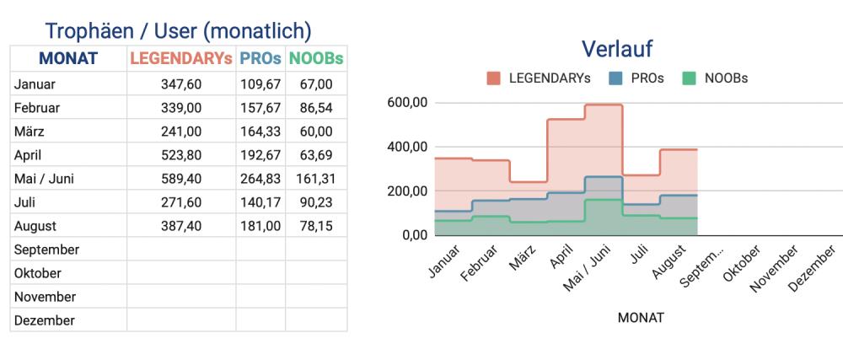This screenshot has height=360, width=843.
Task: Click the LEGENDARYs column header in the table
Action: (x=180, y=59)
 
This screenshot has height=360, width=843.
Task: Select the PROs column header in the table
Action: (x=260, y=59)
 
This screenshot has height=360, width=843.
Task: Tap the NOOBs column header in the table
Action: (x=316, y=59)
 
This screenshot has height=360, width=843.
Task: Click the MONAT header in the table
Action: (x=68, y=59)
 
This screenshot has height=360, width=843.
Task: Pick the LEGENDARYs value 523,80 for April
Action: (x=181, y=155)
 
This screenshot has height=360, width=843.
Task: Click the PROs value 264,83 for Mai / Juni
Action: (x=261, y=179)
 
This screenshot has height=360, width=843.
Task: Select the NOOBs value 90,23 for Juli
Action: (x=315, y=202)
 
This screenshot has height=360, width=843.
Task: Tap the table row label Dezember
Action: (x=44, y=320)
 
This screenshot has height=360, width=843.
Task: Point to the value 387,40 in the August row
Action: (x=181, y=226)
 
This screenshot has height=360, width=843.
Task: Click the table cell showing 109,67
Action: (x=261, y=84)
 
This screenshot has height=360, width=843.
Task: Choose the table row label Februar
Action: (x=41, y=108)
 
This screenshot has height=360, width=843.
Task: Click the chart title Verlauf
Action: (x=617, y=49)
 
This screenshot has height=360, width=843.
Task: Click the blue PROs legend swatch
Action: (x=615, y=78)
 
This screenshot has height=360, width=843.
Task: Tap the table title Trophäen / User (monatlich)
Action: (x=178, y=31)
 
